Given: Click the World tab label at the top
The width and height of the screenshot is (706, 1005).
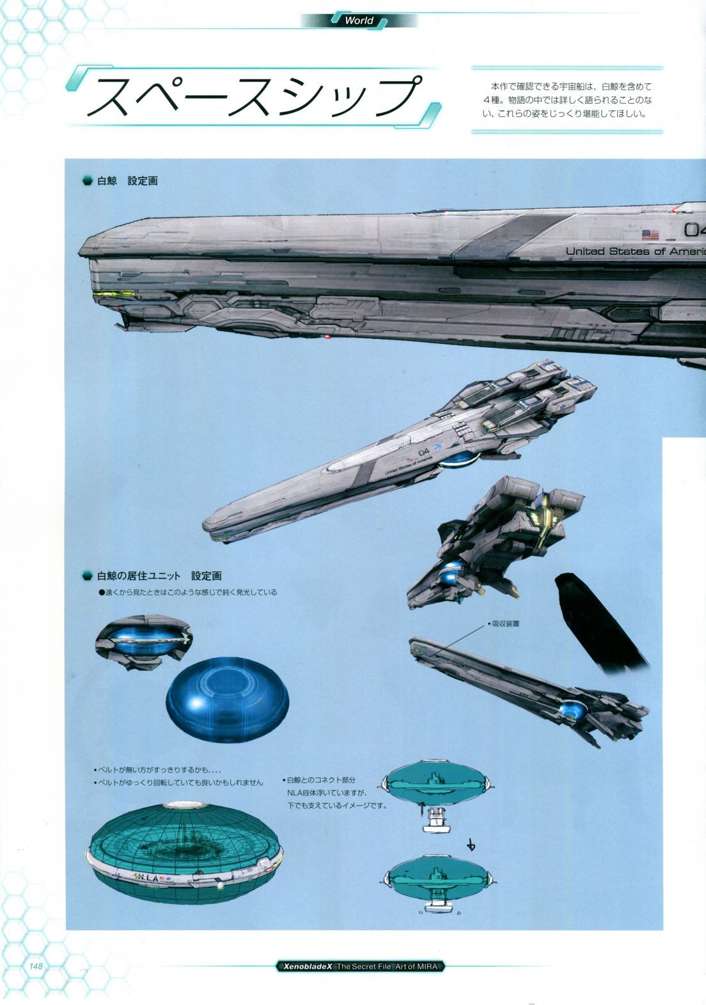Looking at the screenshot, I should (x=359, y=20).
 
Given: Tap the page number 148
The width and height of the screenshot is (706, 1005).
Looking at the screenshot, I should (x=36, y=965).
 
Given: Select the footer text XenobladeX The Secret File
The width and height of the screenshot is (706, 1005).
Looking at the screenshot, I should (x=359, y=967).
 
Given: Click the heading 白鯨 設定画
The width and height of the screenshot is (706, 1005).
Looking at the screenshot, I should (x=127, y=181).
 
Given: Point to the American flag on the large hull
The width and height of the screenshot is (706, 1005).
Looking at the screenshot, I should (x=650, y=235).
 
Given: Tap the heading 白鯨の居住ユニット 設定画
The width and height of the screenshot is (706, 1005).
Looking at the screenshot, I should (x=159, y=576).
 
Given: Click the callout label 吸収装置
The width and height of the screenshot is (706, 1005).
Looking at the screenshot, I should (x=505, y=623).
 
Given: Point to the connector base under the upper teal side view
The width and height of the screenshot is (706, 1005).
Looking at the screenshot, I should (x=437, y=820).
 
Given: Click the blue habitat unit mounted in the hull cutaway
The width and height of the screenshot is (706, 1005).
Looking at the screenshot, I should (x=144, y=641).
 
